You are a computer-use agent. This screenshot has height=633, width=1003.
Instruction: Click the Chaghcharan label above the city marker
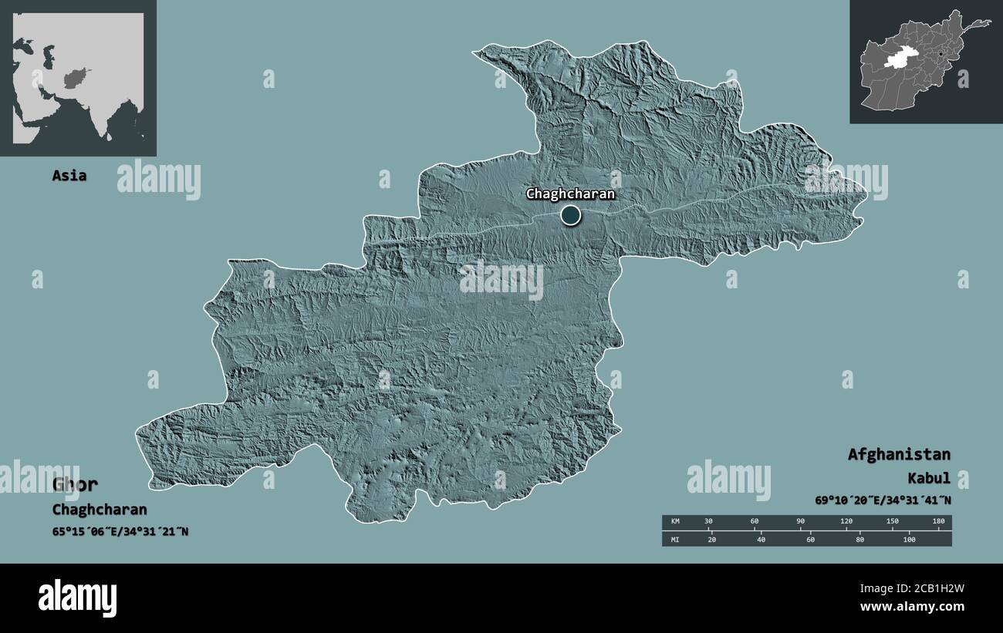coord(570,194)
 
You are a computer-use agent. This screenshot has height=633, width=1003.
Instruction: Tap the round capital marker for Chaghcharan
coord(570,215)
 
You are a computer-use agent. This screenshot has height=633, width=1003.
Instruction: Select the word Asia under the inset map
coord(69,176)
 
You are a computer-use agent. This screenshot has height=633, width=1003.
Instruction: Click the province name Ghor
coord(75,484)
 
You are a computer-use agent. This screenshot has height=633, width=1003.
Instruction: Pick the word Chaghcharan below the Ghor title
coord(99,510)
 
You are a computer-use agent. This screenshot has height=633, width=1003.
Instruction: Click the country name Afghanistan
coord(899,454)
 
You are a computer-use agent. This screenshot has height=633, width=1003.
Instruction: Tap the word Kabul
coord(929,478)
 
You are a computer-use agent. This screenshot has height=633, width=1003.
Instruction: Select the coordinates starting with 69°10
coord(883,500)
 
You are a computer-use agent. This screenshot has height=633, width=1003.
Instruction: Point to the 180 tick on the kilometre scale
coord(938,522)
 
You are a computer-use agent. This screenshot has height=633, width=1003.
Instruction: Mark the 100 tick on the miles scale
coord(909,539)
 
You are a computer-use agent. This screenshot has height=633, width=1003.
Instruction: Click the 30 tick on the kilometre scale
coord(708,522)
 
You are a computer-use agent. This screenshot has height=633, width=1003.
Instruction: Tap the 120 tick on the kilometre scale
coord(846,522)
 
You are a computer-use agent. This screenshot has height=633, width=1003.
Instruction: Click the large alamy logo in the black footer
coord(78,598)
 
